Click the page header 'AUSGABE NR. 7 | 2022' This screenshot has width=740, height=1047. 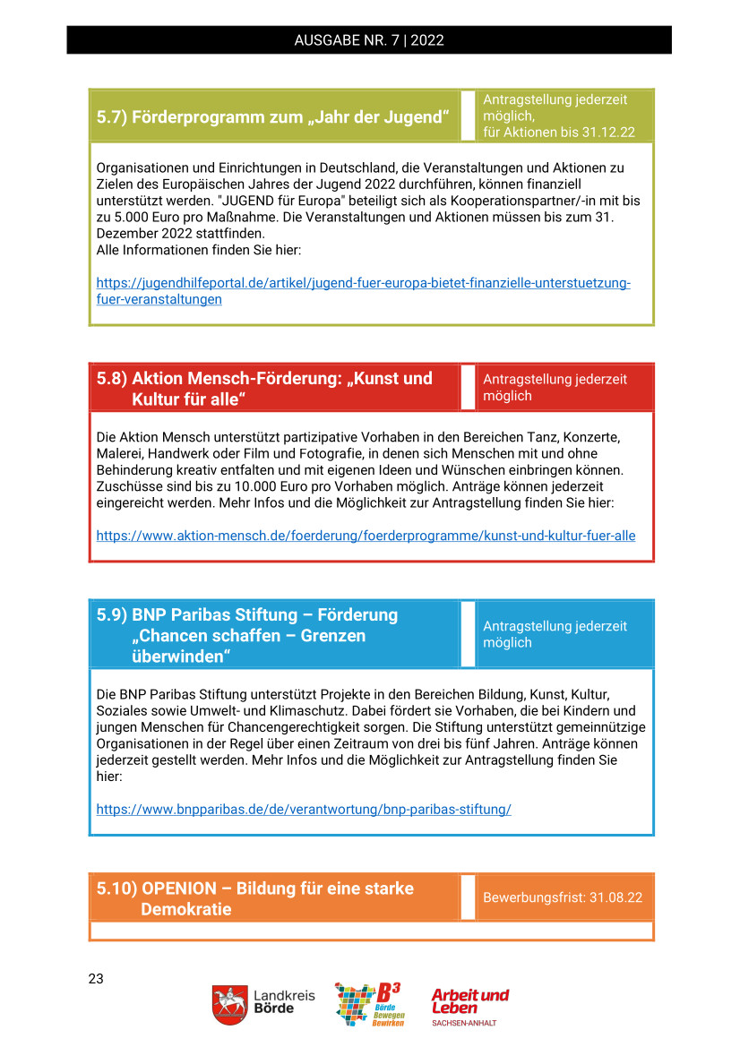click(x=369, y=40)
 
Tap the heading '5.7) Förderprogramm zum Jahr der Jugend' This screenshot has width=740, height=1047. click(x=272, y=117)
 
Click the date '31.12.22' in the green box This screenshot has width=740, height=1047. click(x=607, y=132)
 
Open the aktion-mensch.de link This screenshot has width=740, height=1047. click(x=366, y=536)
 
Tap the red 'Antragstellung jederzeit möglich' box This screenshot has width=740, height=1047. click(x=564, y=388)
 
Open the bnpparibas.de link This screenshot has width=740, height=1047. click(x=304, y=809)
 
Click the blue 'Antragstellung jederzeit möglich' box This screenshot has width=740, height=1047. click(x=564, y=634)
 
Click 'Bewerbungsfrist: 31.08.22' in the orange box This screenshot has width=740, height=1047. click(x=563, y=897)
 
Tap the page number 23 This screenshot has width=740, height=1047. click(x=96, y=979)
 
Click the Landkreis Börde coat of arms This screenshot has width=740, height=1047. click(x=230, y=1005)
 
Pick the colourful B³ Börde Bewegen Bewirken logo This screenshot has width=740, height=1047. click(x=368, y=1004)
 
